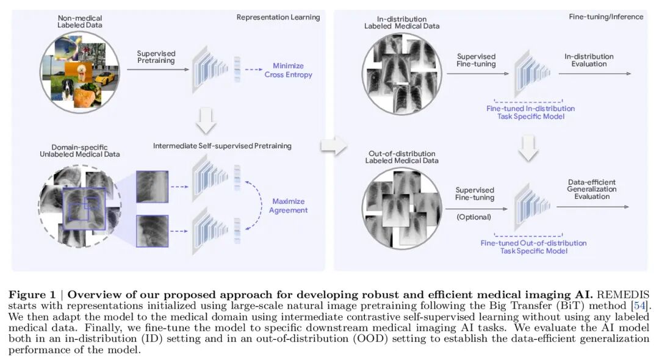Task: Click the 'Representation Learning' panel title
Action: coord(278,17)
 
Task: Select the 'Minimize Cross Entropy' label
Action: coord(288,70)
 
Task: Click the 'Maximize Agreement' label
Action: coord(288,206)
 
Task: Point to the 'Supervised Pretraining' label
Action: coord(156,57)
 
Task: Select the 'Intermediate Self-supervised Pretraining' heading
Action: coord(222,146)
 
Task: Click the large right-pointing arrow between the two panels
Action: coord(333,146)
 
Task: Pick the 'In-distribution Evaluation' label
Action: coord(589,60)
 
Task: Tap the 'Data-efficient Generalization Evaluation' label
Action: coord(591,189)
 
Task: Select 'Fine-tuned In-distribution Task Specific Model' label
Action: coord(530,112)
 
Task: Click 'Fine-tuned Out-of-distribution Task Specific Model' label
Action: coord(533,247)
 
